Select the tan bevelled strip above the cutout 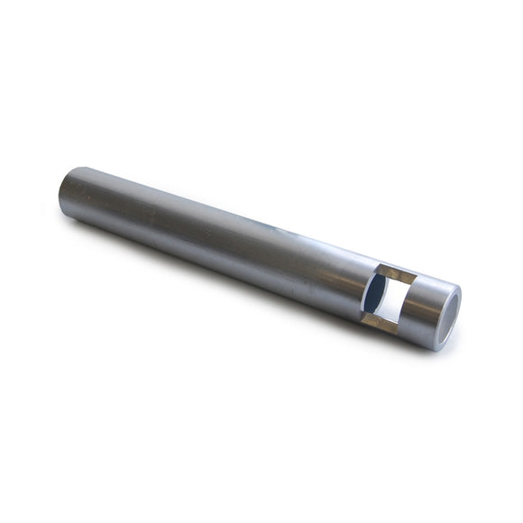coord(397,275)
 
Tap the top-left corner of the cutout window coord(380,264)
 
